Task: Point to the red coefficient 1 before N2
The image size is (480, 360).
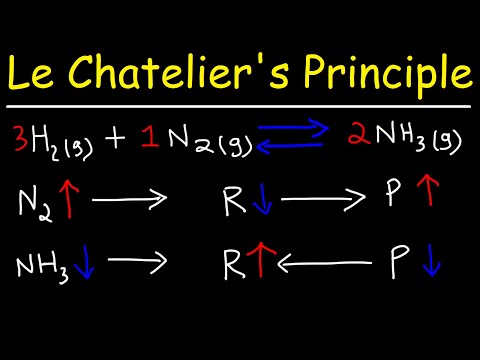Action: tap(148, 137)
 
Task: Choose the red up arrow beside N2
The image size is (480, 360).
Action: tap(69, 202)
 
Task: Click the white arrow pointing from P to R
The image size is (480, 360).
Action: tap(330, 266)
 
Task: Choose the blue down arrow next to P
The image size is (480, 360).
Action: tap(431, 265)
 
